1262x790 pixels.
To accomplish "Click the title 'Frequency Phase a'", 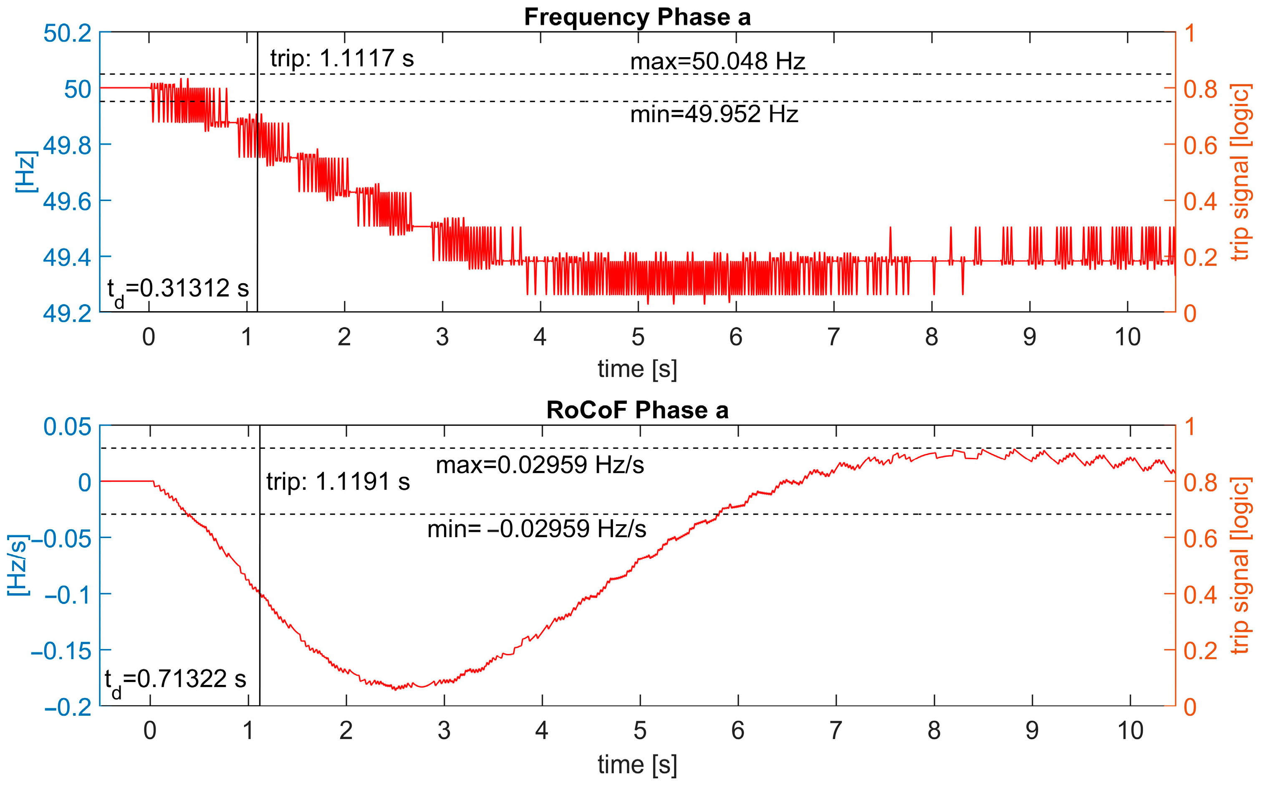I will pos(637,17).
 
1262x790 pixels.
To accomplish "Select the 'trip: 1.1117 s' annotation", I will pos(342,58).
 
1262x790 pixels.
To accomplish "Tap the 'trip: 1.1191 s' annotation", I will pos(338,482).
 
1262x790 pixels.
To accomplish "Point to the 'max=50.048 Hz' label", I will pos(717,62).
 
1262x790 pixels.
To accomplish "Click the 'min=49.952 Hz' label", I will pos(714,114).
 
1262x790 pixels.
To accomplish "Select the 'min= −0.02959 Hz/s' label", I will pos(537,529).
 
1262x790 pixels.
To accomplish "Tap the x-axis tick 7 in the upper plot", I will pos(833,337).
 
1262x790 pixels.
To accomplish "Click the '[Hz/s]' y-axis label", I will pos(19,565).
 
